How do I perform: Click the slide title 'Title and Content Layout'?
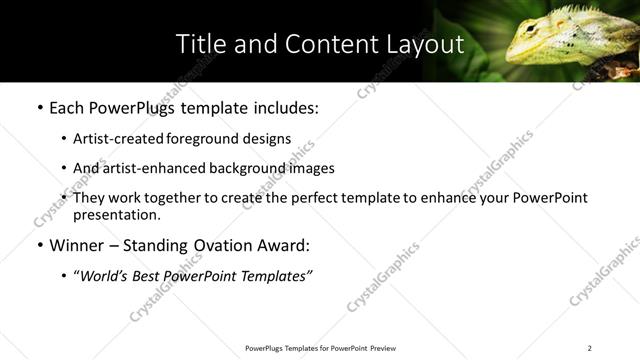[x=319, y=44]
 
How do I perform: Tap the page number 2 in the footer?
[x=589, y=348]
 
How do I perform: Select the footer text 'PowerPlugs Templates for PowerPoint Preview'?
[x=319, y=348]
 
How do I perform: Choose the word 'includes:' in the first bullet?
[x=285, y=107]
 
